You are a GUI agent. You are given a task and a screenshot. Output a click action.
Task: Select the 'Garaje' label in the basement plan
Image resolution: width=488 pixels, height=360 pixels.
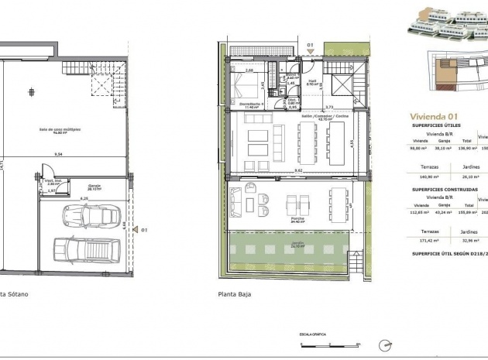point(95,186)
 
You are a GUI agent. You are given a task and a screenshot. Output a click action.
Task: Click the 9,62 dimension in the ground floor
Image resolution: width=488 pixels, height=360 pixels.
point(298,170)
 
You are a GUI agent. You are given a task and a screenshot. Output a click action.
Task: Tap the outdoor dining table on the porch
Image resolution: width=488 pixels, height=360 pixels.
point(339,204)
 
